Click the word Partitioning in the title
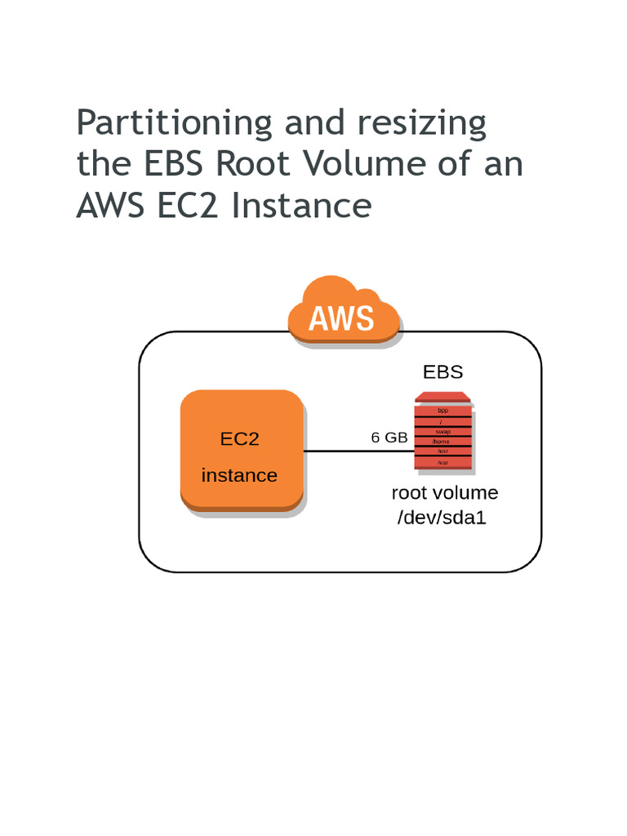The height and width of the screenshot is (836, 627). [x=174, y=124]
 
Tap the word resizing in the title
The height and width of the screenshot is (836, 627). [x=421, y=124]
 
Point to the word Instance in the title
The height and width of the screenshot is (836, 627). [x=301, y=205]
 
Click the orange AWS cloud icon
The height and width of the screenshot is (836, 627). [x=343, y=313]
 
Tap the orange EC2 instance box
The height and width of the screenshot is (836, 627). [x=242, y=451]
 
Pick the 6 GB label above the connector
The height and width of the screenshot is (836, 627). [x=389, y=438]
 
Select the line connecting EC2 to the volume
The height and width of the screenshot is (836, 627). [x=359, y=451]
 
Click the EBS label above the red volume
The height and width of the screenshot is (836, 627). [x=442, y=372]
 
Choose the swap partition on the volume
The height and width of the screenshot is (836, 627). [x=443, y=431]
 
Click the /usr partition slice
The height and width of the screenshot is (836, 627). [x=443, y=451]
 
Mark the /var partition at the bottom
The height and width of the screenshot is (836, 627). [x=443, y=463]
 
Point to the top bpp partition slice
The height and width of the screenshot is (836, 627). [x=443, y=410]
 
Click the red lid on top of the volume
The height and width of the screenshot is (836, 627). [x=442, y=397]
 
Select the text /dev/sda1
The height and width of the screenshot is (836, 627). [x=442, y=517]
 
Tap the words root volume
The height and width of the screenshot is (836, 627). [x=444, y=493]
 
